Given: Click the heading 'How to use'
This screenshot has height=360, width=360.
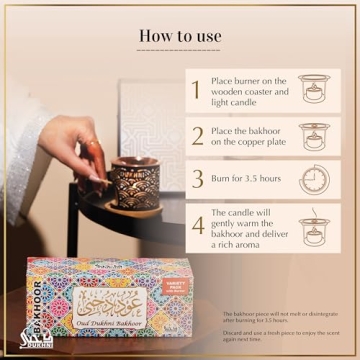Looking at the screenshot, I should (x=180, y=35).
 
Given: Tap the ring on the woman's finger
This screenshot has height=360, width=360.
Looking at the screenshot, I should (x=89, y=147).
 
